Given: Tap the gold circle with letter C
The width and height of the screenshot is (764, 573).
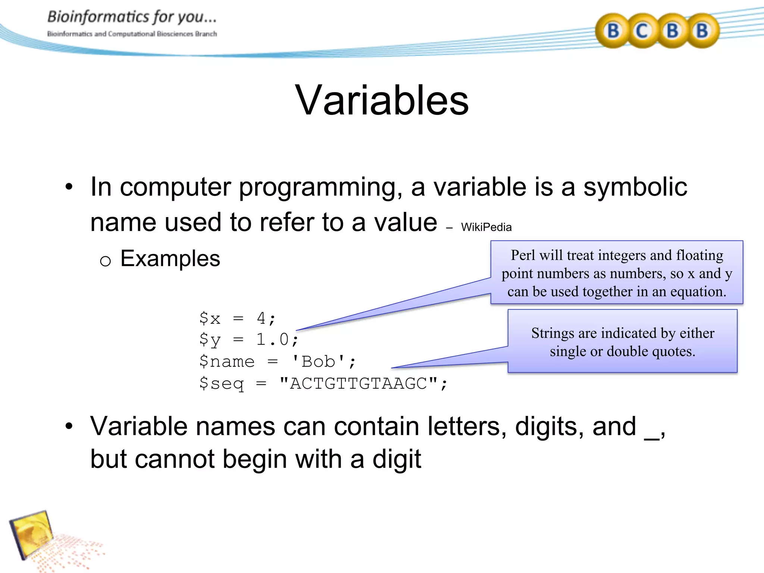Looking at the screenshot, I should (x=642, y=31).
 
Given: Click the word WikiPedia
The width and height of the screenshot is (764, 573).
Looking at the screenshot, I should (x=486, y=227).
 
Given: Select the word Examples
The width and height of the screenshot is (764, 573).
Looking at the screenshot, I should (x=170, y=259).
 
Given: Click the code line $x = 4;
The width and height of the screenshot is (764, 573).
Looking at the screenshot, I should (x=237, y=319).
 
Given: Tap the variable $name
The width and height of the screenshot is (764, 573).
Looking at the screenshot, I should (x=227, y=361).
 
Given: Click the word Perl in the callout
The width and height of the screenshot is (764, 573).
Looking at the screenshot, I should (x=523, y=256).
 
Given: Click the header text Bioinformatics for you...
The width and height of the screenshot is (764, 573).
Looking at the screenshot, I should (x=132, y=17).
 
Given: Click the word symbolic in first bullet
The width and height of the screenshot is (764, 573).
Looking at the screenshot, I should (x=635, y=187).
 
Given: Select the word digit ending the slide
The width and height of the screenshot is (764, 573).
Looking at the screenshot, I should (x=397, y=459).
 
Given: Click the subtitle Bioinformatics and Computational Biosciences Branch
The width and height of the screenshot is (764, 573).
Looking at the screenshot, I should (x=132, y=34).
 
